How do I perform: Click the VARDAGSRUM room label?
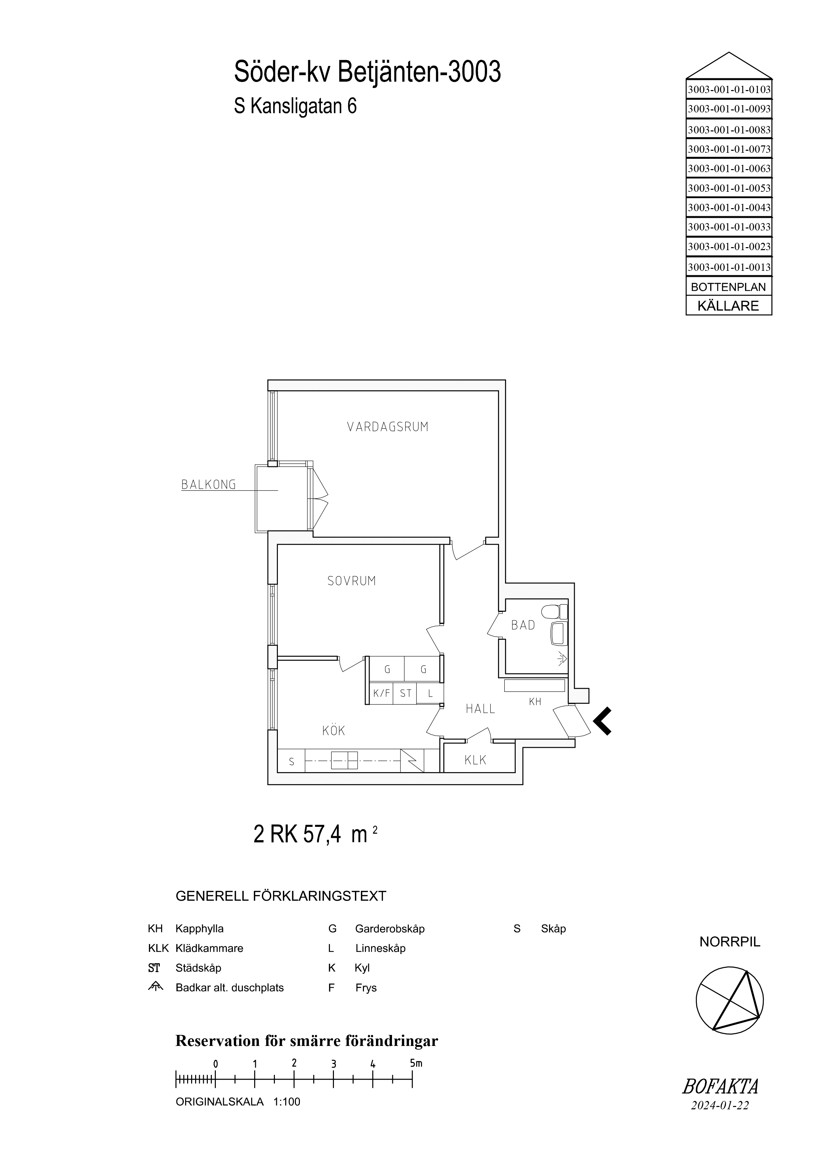pyautogui.click(x=388, y=427)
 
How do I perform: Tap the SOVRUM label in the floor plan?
pyautogui.click(x=352, y=581)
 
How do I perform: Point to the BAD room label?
pyautogui.click(x=523, y=625)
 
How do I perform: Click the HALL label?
pyautogui.click(x=480, y=708)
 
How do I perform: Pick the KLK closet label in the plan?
pyautogui.click(x=475, y=760)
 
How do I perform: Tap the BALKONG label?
pyautogui.click(x=209, y=485)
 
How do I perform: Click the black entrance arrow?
pyautogui.click(x=602, y=721)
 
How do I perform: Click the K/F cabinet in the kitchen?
pyautogui.click(x=381, y=693)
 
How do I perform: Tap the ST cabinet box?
pyautogui.click(x=405, y=693)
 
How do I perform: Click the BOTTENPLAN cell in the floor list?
pyautogui.click(x=729, y=287)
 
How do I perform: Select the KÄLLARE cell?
pyautogui.click(x=729, y=306)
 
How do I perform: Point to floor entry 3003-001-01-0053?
pyautogui.click(x=729, y=188)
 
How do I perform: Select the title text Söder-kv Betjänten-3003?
pyautogui.click(x=367, y=72)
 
